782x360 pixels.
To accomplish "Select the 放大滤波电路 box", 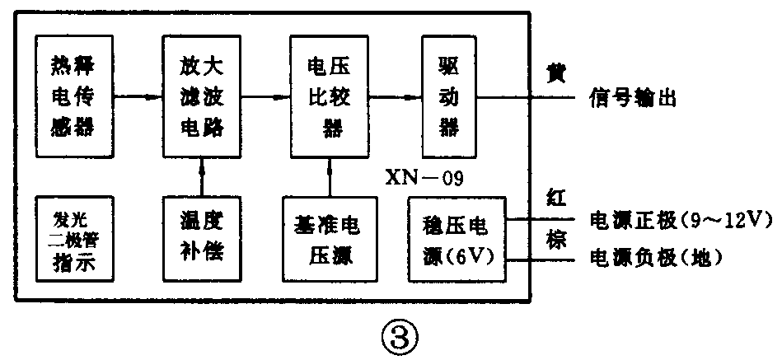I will pyautogui.click(x=203, y=96).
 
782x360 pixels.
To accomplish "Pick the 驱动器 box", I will pyautogui.click(x=448, y=96).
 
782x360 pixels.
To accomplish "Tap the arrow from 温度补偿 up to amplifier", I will pyautogui.click(x=203, y=176).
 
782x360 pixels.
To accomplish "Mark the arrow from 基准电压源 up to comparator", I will pyautogui.click(x=328, y=176).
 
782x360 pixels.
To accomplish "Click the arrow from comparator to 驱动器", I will pyautogui.click(x=395, y=96).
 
